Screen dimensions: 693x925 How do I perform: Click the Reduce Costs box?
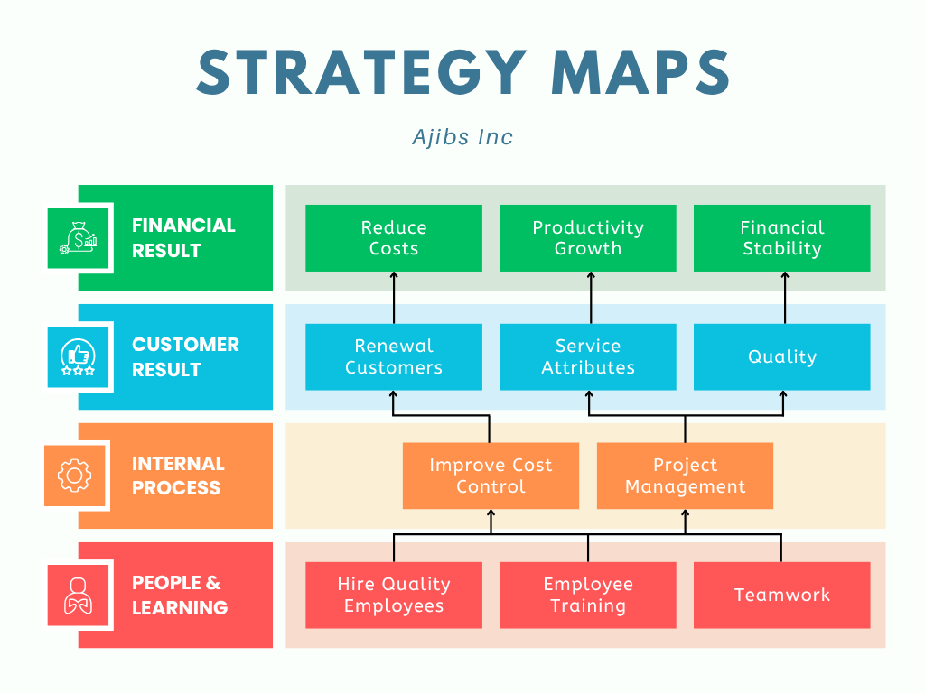(394, 238)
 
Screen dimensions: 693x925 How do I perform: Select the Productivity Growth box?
(588, 238)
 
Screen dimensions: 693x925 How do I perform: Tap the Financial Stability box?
(782, 238)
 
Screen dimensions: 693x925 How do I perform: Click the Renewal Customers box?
(394, 357)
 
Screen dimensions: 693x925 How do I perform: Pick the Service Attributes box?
(588, 357)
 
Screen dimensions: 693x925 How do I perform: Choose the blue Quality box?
(782, 357)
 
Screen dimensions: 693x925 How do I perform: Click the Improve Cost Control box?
(491, 476)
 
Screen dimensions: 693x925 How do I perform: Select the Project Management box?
(685, 476)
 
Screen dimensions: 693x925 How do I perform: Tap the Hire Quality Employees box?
(394, 596)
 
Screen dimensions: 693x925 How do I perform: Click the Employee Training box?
(588, 596)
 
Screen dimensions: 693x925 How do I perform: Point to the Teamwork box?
(782, 596)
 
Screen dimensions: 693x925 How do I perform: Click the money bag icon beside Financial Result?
(78, 238)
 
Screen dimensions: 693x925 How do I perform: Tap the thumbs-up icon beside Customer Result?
(78, 357)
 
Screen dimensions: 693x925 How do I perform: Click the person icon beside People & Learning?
(78, 596)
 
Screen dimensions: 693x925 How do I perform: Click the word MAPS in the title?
(640, 72)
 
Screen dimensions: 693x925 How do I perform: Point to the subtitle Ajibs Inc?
(462, 137)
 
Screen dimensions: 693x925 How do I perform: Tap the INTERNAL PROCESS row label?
(177, 476)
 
